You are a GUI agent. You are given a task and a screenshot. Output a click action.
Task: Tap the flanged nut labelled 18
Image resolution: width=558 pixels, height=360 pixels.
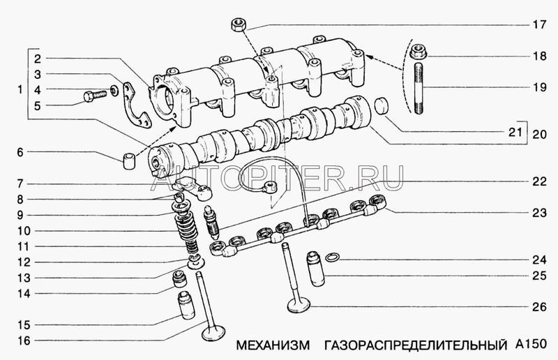pos(418,52)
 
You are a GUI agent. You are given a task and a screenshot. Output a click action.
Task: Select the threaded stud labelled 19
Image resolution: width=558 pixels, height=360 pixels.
pos(418,89)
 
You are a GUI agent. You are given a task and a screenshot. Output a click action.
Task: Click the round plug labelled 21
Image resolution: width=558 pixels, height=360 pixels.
pos(382,106)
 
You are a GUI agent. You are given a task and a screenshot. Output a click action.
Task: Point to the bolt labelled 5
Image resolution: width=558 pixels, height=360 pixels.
pos(95,96)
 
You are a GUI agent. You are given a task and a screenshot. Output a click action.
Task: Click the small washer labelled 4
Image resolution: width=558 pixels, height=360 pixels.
pos(114,91)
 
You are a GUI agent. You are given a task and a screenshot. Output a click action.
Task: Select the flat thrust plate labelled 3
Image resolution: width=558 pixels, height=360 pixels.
pos(137,105)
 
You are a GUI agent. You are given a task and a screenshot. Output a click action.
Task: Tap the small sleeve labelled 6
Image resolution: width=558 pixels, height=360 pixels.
pos(129,161)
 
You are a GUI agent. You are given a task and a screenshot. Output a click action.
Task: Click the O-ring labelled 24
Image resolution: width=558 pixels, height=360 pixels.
pos(333,257)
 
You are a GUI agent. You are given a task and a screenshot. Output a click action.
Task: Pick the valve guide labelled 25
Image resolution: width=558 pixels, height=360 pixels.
pos(316,269)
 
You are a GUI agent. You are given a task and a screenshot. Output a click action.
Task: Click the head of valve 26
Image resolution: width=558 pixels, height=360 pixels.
pos(299,306)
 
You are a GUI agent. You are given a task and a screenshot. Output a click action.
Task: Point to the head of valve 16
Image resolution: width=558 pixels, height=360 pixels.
pos(213,333)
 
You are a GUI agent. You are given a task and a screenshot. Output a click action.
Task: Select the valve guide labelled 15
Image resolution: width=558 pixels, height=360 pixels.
pos(187,305)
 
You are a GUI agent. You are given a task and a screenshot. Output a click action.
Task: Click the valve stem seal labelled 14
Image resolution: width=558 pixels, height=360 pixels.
pos(179,279)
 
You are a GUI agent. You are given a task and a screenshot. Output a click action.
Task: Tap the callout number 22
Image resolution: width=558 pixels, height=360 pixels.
pos(539,182)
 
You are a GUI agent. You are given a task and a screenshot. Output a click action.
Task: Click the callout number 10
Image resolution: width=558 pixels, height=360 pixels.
pos(24,231)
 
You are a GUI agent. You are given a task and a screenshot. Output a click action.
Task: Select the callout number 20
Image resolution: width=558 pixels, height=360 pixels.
pos(539,134)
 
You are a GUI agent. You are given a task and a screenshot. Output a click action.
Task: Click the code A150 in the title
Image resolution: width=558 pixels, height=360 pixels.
pos(531,344)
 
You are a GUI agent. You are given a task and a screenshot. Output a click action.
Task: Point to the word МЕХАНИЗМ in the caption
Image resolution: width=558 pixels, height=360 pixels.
pos(273,345)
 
